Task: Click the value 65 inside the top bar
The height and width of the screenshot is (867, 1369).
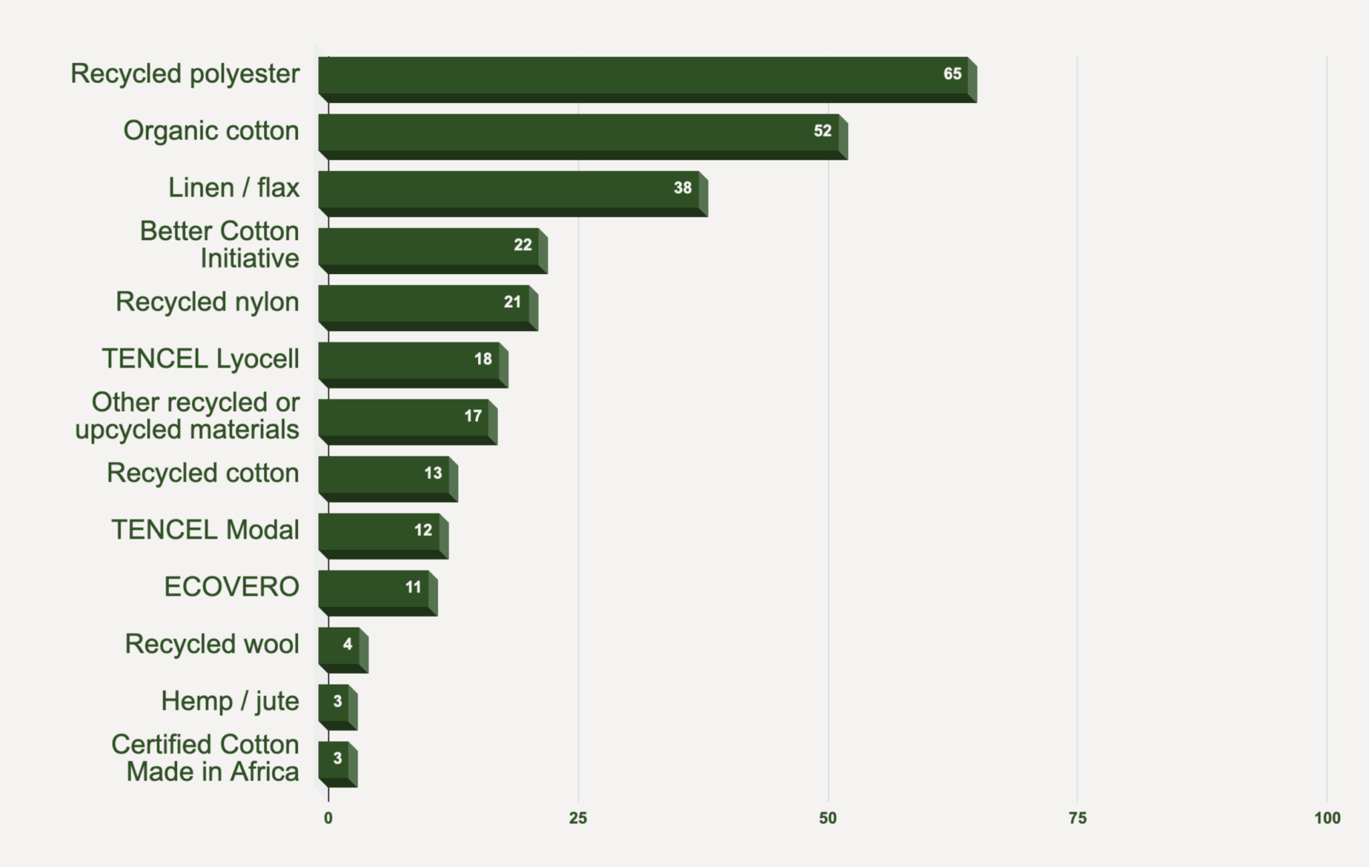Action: (x=952, y=74)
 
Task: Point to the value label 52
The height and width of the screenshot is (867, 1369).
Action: (x=822, y=131)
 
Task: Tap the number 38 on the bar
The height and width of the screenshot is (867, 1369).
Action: (x=682, y=188)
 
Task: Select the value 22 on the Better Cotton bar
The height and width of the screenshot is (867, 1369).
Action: (x=523, y=245)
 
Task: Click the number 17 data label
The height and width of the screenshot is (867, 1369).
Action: (x=473, y=416)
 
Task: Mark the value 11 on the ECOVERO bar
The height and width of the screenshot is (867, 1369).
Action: (x=413, y=587)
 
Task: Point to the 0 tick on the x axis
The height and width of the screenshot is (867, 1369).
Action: (x=328, y=818)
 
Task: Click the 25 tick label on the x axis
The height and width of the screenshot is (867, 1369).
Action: (x=578, y=818)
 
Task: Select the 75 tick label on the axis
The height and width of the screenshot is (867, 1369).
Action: (x=1078, y=818)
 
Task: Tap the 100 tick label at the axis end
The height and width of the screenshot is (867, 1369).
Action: (x=1327, y=818)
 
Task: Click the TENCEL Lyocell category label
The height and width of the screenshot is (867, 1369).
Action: (x=201, y=359)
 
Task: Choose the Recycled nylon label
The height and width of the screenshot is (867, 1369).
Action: (x=207, y=302)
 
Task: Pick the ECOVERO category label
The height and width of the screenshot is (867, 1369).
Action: (x=231, y=587)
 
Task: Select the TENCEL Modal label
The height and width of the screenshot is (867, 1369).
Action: (x=205, y=530)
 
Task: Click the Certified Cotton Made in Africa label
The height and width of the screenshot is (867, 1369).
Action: (x=205, y=758)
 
